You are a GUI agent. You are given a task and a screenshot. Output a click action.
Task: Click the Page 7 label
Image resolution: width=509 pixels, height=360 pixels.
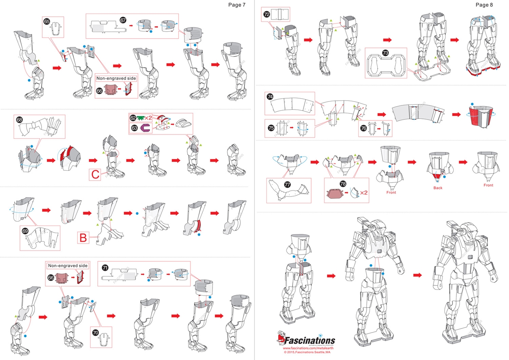(x=237, y=5)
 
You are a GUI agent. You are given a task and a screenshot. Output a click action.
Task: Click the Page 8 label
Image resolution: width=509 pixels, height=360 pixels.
(x=484, y=5)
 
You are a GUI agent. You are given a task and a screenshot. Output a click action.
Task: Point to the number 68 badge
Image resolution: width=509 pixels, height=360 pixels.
(x=19, y=119)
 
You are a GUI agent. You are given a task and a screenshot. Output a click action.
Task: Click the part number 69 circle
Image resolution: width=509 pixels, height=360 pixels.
(x=25, y=231)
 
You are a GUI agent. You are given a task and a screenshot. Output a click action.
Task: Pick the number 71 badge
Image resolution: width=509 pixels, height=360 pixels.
(x=105, y=267)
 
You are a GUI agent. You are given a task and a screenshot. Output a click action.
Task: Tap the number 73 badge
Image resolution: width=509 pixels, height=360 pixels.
(x=385, y=53)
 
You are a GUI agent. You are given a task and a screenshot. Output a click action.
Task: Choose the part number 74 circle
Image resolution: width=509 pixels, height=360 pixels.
(x=270, y=97)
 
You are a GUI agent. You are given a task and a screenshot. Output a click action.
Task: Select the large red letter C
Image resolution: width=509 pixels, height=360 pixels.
(x=95, y=174)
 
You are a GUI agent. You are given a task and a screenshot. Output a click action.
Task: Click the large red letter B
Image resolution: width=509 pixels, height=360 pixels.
(x=83, y=238)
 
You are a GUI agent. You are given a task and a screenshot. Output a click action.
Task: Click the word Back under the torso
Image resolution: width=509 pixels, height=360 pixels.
(x=438, y=188)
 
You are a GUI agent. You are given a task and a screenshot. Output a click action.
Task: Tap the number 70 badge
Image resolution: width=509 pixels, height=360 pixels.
(x=95, y=332)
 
